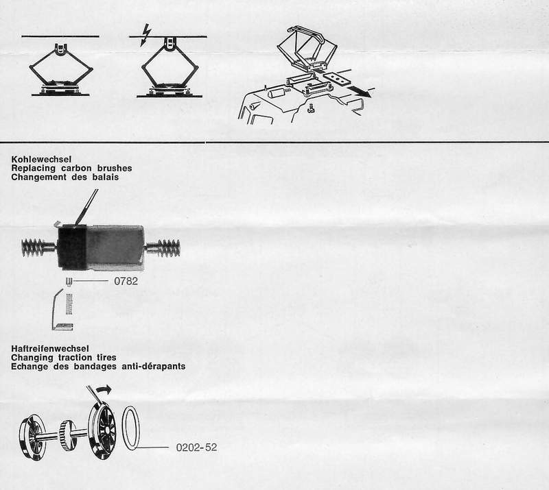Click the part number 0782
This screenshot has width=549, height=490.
tap(126, 281)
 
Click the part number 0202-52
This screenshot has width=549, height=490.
tap(196, 448)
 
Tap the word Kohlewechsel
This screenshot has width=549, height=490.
tap(41, 160)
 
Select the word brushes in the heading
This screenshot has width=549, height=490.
tap(115, 168)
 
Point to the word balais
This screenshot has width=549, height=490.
tap(106, 177)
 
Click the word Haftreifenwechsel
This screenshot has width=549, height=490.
tap(50, 349)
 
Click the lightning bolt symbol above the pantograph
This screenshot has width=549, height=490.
tap(145, 35)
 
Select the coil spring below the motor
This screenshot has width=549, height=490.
tap(69, 304)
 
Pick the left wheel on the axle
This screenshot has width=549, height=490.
tap(32, 437)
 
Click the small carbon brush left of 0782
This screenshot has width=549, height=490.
tap(69, 282)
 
